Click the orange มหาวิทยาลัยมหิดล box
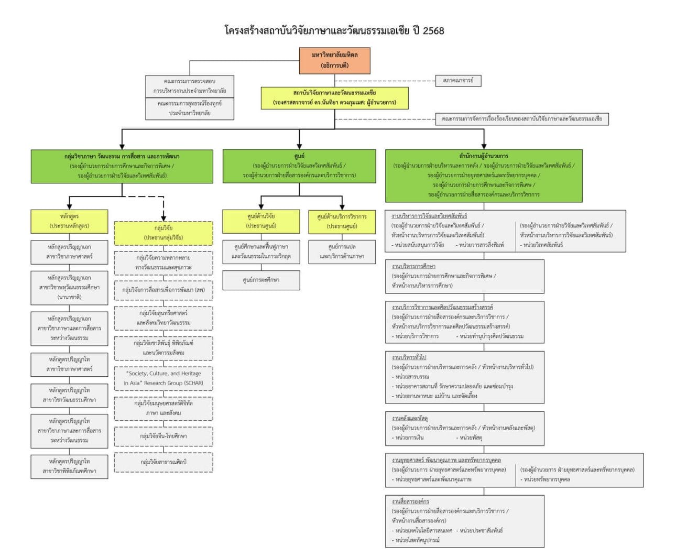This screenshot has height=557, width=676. [x=335, y=60]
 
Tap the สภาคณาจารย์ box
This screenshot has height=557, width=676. [x=458, y=81]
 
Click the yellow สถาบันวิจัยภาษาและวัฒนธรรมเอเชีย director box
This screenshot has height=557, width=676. [x=335, y=98]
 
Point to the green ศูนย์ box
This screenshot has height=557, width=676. [x=299, y=166]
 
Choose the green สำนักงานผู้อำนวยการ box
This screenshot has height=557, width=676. [x=484, y=175]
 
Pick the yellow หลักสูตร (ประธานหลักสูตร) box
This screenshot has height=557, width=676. [x=69, y=221]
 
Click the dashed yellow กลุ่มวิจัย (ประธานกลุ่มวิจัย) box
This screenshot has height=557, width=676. [x=163, y=233]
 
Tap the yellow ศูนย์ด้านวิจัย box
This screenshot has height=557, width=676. [x=261, y=221]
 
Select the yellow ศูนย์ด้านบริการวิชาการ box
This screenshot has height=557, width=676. [x=342, y=221]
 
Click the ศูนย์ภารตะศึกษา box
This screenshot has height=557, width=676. [x=261, y=280]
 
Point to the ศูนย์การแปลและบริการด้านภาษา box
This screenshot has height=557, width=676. [x=342, y=252]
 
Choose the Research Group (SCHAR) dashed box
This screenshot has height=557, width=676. [x=163, y=378]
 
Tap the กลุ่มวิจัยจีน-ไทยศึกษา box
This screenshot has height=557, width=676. [x=163, y=436]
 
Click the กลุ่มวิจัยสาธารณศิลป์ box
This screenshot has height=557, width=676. [x=163, y=462]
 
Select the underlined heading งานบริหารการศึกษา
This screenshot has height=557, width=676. [x=413, y=266]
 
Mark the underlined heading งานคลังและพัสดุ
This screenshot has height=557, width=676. [x=410, y=418]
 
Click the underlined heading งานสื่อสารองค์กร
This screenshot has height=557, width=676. [x=410, y=501]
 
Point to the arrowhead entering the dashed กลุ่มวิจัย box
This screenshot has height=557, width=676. [x=163, y=217]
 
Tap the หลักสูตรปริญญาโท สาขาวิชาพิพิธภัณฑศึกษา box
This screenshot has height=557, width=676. [x=69, y=466]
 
